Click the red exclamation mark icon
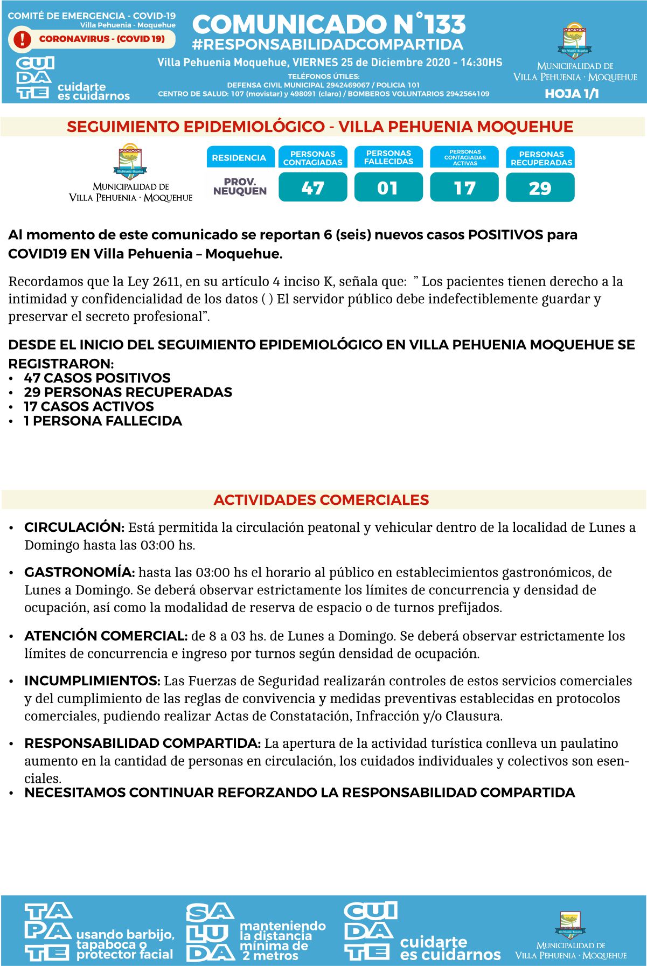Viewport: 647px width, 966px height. tap(22, 39)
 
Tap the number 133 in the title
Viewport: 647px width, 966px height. tap(444, 25)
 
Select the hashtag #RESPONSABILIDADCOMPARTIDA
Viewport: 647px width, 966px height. tap(328, 44)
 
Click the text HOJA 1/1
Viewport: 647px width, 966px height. tap(572, 94)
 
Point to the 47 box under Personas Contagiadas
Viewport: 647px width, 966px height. tap(312, 187)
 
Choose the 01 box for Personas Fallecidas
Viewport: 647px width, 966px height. tap(388, 187)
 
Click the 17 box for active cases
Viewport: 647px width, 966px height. tap(464, 187)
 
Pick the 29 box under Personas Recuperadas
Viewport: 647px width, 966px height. tap(540, 187)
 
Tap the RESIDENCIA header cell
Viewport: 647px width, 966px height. tap(239, 158)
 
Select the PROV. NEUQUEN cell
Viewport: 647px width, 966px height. tap(240, 186)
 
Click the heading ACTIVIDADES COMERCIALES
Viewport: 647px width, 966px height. tap(321, 500)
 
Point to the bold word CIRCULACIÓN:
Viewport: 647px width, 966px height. tap(74, 527)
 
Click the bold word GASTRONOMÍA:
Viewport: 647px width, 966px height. tap(80, 572)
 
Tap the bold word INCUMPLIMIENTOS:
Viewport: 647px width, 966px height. tap(92, 681)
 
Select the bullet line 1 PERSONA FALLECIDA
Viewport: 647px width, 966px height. tap(102, 421)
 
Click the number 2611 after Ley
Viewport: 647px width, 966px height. tap(170, 282)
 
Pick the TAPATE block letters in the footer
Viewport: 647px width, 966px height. tap(48, 933)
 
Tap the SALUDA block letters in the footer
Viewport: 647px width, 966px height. tap(210, 933)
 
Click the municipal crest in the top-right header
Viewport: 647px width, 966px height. tap(574, 40)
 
